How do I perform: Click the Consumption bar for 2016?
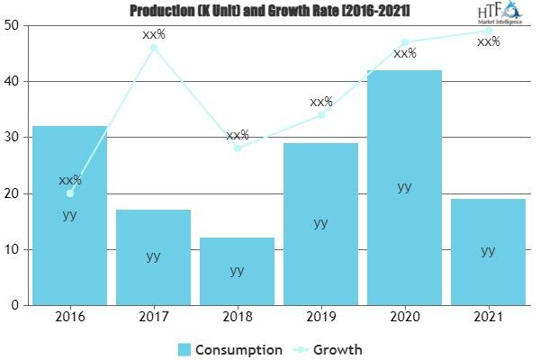pos(69,216)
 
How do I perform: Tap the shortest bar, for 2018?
pos(237,271)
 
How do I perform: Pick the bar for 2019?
pos(320,224)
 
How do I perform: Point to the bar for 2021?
pos(488,252)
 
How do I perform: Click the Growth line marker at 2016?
pos(69,193)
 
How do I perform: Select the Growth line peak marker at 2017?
pos(153,48)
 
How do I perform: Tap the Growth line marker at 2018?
pos(237,148)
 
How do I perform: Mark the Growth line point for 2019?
pos(320,114)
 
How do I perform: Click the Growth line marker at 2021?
pos(488,31)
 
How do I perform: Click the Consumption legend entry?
pos(229,349)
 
